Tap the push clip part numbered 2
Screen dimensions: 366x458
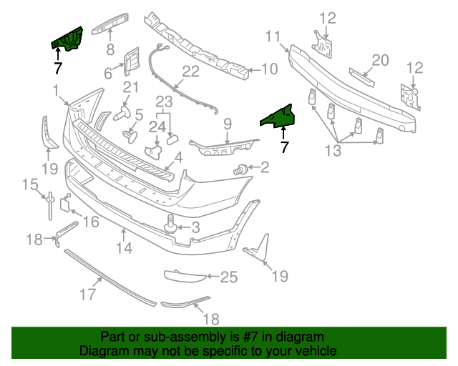click(241, 169)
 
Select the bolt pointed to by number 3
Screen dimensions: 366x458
click(171, 224)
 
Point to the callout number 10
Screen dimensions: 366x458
click(268, 69)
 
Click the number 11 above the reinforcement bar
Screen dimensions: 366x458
click(273, 36)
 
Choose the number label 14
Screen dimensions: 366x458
click(125, 249)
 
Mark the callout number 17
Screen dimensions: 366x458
click(87, 294)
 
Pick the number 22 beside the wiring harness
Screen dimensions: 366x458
click(191, 71)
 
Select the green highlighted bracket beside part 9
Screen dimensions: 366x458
click(278, 115)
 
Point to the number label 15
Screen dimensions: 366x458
click(29, 185)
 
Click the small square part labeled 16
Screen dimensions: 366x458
click(63, 204)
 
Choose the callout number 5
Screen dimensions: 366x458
click(139, 114)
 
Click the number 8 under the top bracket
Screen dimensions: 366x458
click(110, 49)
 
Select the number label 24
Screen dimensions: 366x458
click(157, 127)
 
